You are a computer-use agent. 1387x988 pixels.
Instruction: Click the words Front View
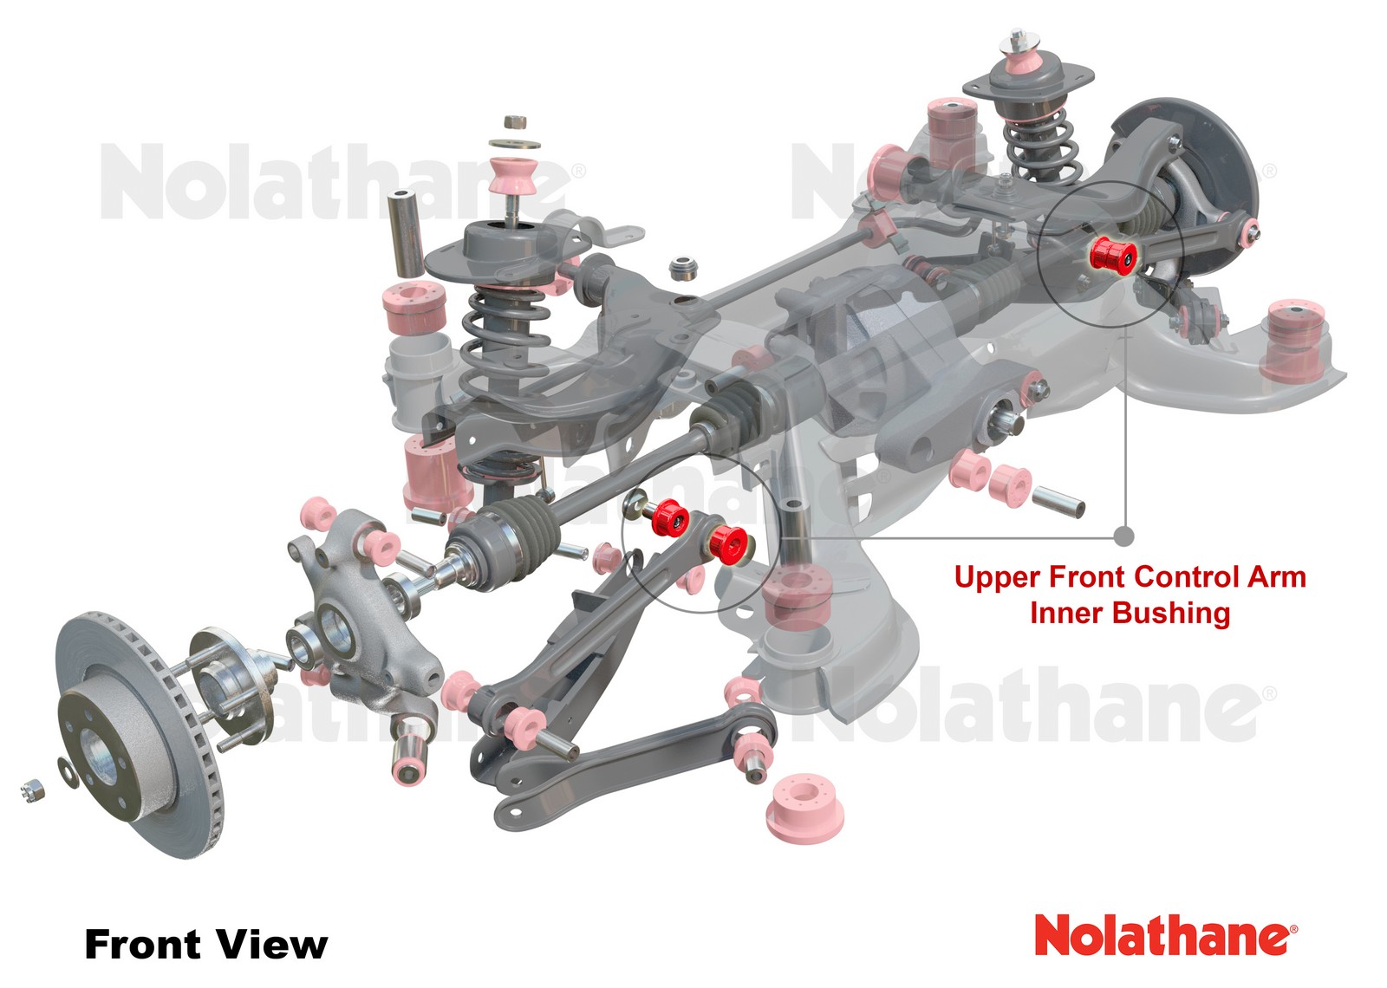point(205,944)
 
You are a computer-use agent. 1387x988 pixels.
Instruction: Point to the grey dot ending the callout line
point(1123,536)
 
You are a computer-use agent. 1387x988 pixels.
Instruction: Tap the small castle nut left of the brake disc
point(32,790)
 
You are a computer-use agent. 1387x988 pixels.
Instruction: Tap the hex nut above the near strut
point(513,121)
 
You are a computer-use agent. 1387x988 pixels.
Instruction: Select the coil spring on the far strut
point(1038,147)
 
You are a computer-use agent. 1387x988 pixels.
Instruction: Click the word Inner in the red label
point(1067,614)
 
